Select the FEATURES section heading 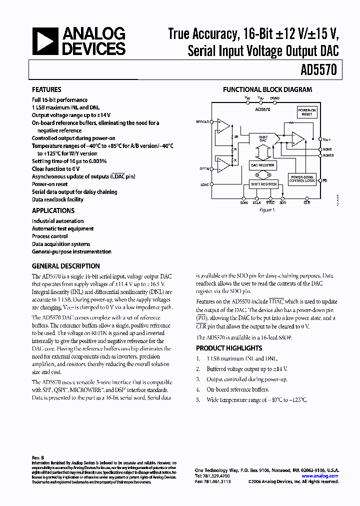(x=46, y=89)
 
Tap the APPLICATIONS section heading (x=53, y=210)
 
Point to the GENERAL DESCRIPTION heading (x=65, y=266)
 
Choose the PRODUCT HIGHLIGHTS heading (x=228, y=348)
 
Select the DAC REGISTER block (x=262, y=165)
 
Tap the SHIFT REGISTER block (x=263, y=184)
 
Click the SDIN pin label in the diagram (x=243, y=202)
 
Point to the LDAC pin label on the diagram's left (x=204, y=184)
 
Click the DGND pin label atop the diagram (x=274, y=98)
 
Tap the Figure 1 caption (x=266, y=210)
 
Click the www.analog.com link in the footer (x=320, y=476)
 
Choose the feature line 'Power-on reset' (x=50, y=184)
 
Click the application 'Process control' (x=50, y=236)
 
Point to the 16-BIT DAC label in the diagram (x=263, y=138)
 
